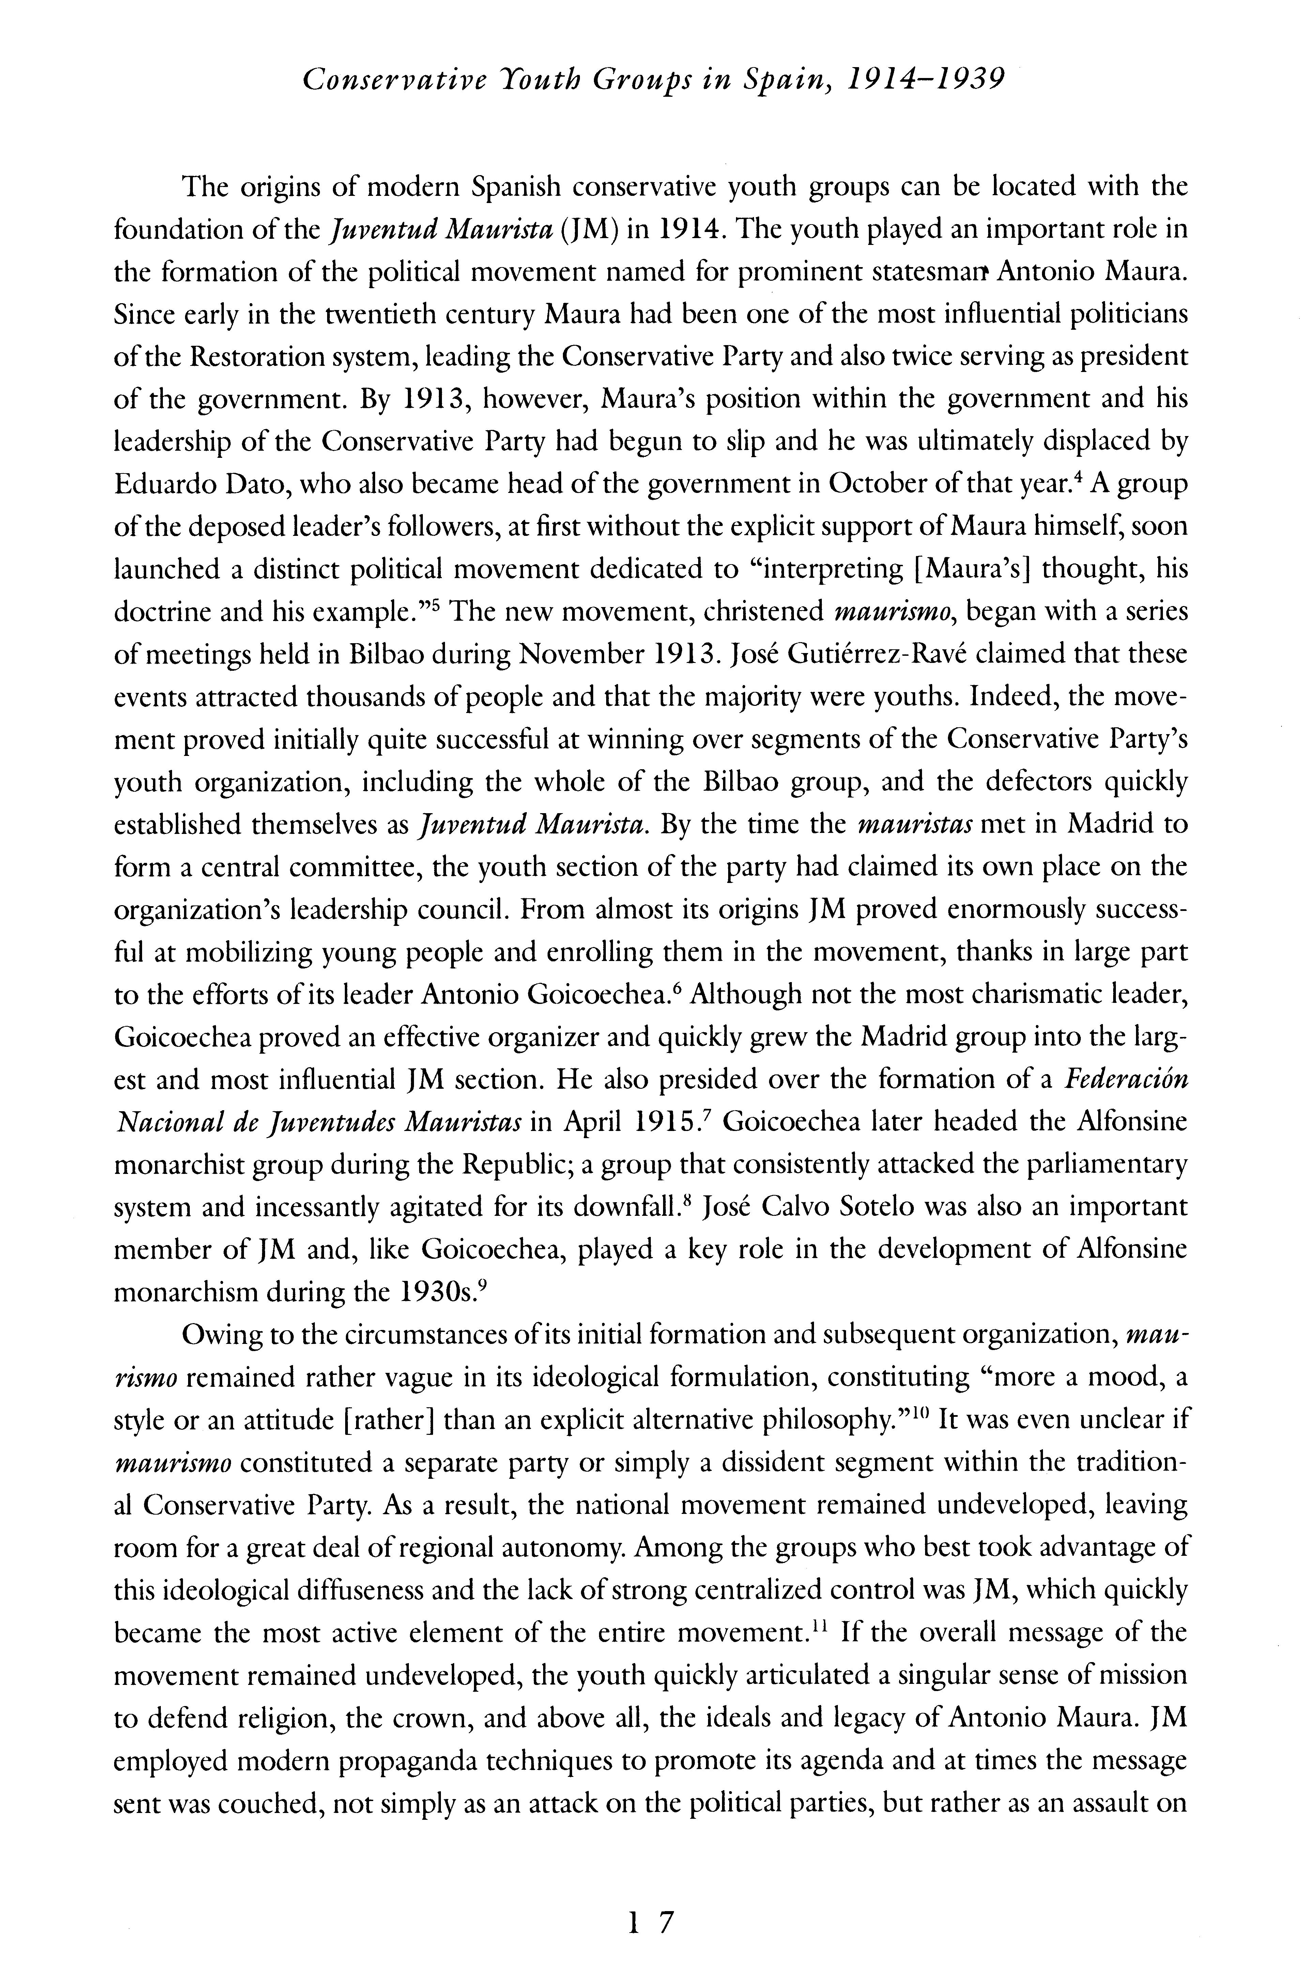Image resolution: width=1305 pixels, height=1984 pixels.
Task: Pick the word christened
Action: click(765, 612)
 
